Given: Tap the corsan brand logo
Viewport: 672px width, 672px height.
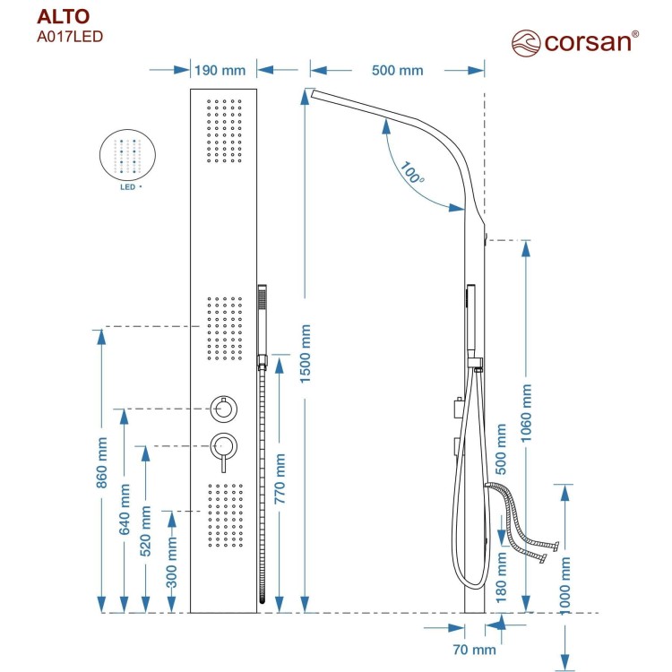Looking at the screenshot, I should tap(574, 41).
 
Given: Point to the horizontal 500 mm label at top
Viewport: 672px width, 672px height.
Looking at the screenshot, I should tap(396, 71).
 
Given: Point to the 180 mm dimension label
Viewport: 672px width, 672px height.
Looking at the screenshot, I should tap(502, 578).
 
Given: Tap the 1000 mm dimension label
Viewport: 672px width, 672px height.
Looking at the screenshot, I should tap(564, 583).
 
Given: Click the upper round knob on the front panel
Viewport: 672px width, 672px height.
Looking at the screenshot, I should tap(223, 409).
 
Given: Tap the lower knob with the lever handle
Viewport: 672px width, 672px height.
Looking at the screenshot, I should tap(223, 445).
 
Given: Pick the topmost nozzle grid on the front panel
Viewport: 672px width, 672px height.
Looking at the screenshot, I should tap(224, 130).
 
